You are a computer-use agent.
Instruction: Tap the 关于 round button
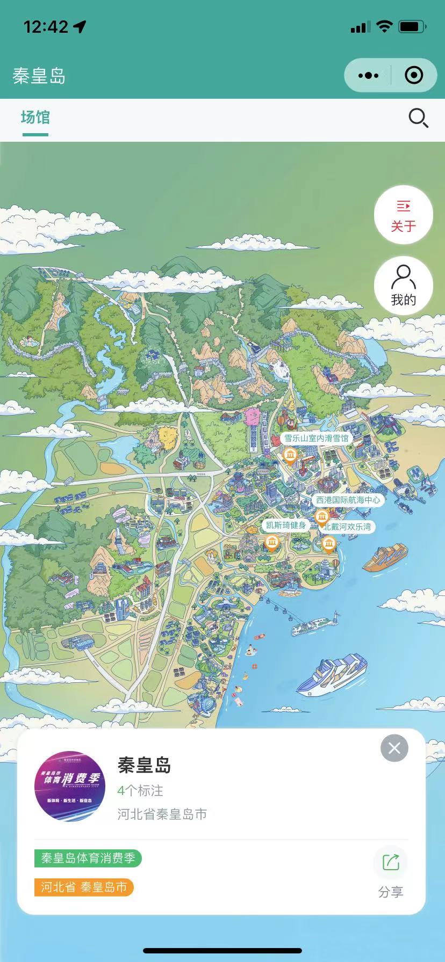click(x=404, y=215)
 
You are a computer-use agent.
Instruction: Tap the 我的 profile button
click(x=404, y=286)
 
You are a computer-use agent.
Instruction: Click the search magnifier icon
click(x=418, y=118)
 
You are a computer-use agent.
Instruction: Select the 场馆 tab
click(x=35, y=118)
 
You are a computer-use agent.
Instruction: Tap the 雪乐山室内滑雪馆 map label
click(x=316, y=438)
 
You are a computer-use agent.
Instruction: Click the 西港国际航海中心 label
click(x=348, y=500)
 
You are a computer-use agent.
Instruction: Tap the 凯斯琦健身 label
click(x=286, y=525)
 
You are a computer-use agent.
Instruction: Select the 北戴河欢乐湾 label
click(x=348, y=527)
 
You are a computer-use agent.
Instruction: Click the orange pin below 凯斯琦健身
click(x=272, y=543)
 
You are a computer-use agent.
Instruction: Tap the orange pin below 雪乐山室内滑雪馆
click(x=290, y=456)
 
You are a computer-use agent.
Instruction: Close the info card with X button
click(x=394, y=748)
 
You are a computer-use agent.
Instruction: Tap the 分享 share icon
click(x=391, y=863)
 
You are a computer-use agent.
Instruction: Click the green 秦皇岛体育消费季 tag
click(x=88, y=858)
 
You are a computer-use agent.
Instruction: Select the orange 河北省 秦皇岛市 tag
click(x=84, y=887)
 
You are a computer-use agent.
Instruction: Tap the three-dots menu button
click(x=368, y=76)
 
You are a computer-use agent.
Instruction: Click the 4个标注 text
click(x=140, y=790)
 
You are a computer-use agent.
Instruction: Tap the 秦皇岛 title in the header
click(x=39, y=76)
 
